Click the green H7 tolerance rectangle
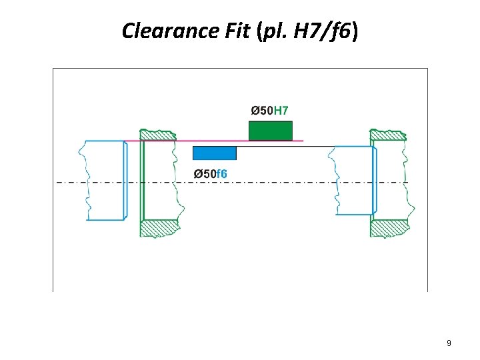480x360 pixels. coord(270,131)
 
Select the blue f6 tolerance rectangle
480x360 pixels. coord(214,153)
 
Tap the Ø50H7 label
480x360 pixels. coord(269,110)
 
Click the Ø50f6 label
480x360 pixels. coord(210,174)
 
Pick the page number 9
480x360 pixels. coord(449,343)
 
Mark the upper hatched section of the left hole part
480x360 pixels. coord(159,135)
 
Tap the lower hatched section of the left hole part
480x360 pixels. coord(159,227)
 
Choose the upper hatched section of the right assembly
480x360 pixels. coord(389,135)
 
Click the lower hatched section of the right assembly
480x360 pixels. coord(389,227)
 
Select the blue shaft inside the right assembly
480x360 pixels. coord(353,180)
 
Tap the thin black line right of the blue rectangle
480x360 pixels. coord(280,147)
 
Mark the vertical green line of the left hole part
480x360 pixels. coord(143,180)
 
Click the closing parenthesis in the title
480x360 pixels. coord(355,31)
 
